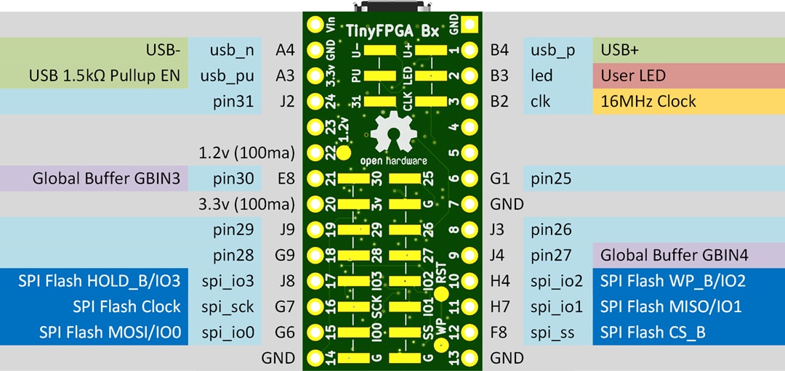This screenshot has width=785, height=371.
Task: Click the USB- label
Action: point(163,50)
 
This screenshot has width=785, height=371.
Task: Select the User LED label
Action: point(633,76)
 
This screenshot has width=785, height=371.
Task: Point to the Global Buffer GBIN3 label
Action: point(106,178)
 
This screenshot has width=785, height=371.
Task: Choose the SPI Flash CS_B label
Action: point(653,332)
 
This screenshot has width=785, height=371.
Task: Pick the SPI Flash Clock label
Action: point(126,306)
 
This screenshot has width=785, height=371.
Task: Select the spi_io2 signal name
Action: point(556,280)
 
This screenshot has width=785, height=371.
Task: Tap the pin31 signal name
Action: point(233,101)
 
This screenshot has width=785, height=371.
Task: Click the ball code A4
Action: point(285,50)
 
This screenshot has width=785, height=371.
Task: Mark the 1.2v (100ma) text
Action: point(246,152)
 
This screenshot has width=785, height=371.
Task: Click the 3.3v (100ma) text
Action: point(246,204)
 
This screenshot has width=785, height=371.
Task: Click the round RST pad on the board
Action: point(441,293)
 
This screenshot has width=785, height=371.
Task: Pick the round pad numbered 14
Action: point(315,357)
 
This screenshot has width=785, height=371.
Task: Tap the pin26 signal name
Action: point(552,229)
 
